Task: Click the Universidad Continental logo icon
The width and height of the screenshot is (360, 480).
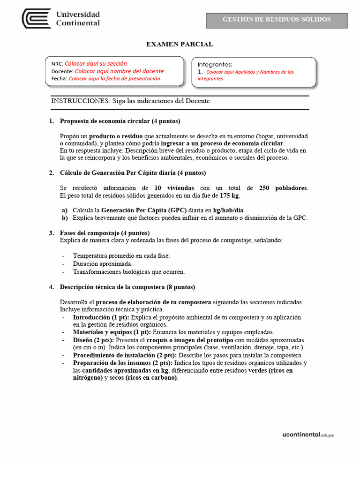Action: click(x=37, y=19)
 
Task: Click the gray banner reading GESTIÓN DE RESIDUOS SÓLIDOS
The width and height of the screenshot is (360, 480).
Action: click(x=277, y=20)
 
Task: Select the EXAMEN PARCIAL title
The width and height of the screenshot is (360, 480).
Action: click(x=180, y=44)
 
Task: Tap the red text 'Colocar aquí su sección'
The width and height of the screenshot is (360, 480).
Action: click(x=96, y=63)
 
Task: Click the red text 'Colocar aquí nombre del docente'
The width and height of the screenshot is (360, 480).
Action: click(x=119, y=71)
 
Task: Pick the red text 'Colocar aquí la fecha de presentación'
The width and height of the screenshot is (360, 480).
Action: click(x=114, y=78)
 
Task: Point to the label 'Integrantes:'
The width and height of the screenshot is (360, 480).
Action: click(x=215, y=64)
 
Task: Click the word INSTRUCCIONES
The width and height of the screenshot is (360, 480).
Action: click(x=80, y=101)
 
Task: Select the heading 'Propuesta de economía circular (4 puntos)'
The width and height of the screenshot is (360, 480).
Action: click(x=120, y=121)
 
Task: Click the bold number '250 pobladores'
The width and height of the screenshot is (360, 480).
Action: click(x=283, y=187)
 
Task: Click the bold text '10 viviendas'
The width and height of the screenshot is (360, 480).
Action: click(x=174, y=187)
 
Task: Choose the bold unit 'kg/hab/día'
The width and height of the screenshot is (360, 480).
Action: click(x=228, y=210)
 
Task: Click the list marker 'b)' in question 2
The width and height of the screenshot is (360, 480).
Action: click(x=65, y=218)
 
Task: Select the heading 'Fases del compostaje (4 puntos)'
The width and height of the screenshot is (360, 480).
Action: click(x=105, y=233)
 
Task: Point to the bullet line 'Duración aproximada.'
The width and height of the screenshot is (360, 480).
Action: click(x=99, y=263)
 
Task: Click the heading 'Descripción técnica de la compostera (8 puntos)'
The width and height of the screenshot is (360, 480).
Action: click(x=127, y=287)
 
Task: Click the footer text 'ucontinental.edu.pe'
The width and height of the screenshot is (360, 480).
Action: click(x=308, y=435)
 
